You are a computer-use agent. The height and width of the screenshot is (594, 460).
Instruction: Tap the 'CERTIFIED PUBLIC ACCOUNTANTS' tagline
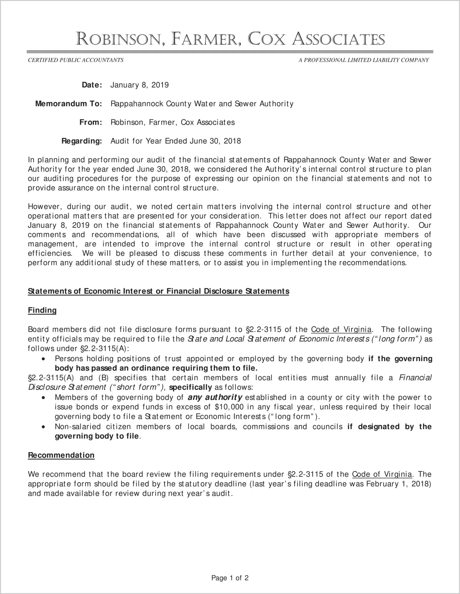pyautogui.click(x=76, y=60)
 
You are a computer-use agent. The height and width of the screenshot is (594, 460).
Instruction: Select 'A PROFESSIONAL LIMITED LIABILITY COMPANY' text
pyautogui.click(x=363, y=60)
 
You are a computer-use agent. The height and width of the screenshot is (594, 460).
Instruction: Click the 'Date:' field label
pyautogui.click(x=92, y=85)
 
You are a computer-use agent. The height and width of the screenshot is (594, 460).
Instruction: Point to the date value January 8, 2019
pyautogui.click(x=139, y=85)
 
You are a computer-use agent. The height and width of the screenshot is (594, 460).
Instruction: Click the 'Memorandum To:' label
pyautogui.click(x=68, y=104)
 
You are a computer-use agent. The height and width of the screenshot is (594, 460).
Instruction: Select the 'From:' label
pyautogui.click(x=91, y=122)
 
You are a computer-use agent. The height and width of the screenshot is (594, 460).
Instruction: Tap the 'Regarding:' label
pyautogui.click(x=82, y=141)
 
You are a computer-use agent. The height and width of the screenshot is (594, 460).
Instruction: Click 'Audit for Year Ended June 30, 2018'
pyautogui.click(x=176, y=141)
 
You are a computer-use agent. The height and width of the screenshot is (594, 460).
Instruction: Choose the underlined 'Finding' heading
pyautogui.click(x=42, y=310)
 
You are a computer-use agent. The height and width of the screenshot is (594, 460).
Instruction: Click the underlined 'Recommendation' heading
pyautogui.click(x=61, y=455)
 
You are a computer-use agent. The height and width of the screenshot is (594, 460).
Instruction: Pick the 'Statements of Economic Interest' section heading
pyautogui.click(x=158, y=291)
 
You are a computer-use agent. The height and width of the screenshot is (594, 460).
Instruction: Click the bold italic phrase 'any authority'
pyautogui.click(x=215, y=397)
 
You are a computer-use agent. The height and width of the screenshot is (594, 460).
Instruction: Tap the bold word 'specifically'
pyautogui.click(x=191, y=387)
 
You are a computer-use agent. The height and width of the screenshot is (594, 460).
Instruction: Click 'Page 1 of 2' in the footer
pyautogui.click(x=230, y=578)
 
